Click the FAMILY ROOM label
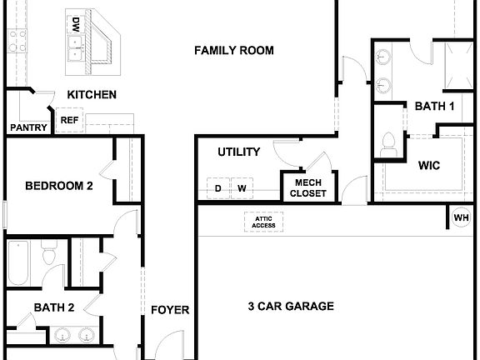tap(234, 51)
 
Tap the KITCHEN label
tap(92, 95)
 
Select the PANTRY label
tap(27, 127)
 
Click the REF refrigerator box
tap(68, 121)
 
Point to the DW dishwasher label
tap(76, 24)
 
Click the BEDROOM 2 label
tap(58, 186)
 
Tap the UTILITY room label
tap(239, 152)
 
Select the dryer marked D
tap(218, 189)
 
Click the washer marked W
tap(242, 189)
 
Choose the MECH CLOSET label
tap(308, 188)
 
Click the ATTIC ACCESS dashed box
tap(263, 222)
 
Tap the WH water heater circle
tap(461, 218)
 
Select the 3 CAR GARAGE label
tap(291, 307)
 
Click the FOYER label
tap(169, 310)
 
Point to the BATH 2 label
tap(54, 307)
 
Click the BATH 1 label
tap(434, 106)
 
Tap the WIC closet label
tap(428, 165)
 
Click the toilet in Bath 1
tap(387, 144)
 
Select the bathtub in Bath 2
tap(19, 264)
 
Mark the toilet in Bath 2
tap(48, 253)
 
